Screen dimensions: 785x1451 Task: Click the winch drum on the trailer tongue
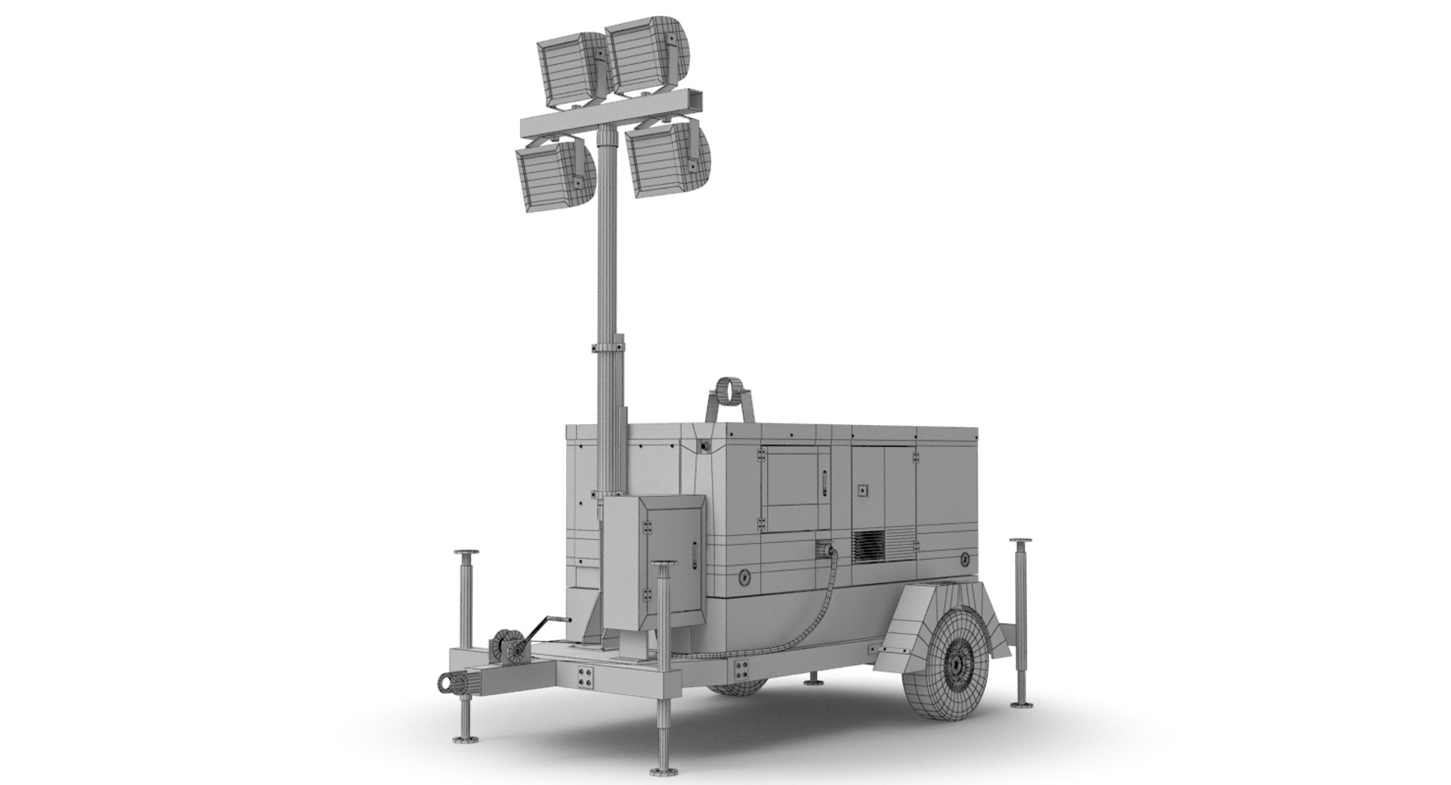coord(508,650)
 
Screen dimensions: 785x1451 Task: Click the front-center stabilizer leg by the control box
coord(664,666)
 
